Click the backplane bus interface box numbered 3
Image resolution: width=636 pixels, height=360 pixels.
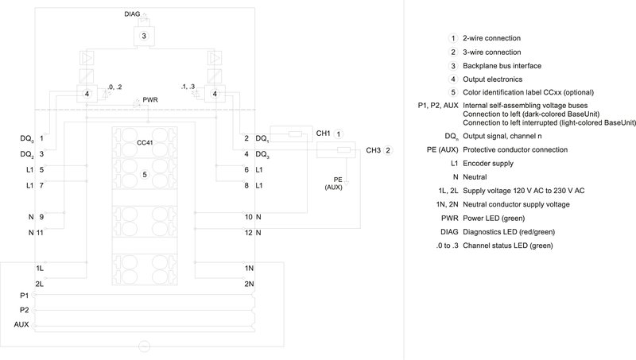tap(145, 37)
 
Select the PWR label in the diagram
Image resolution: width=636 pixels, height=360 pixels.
tap(150, 100)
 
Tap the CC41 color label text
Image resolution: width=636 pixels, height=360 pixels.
tap(145, 142)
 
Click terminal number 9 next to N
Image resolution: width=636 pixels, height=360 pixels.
tap(41, 216)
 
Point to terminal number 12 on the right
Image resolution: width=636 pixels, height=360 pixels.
tap(248, 232)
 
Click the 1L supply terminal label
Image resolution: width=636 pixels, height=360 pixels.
tap(40, 269)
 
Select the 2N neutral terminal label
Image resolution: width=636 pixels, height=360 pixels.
tap(250, 284)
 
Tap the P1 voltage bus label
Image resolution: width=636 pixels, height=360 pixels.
tap(25, 295)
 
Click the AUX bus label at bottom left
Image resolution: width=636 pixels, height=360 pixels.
tap(22, 325)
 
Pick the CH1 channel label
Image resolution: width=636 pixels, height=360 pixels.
tap(324, 134)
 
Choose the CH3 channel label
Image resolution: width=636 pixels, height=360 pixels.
tap(373, 149)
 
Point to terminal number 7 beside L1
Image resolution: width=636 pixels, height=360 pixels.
tap(41, 185)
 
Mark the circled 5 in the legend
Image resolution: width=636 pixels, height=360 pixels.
tap(453, 93)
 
